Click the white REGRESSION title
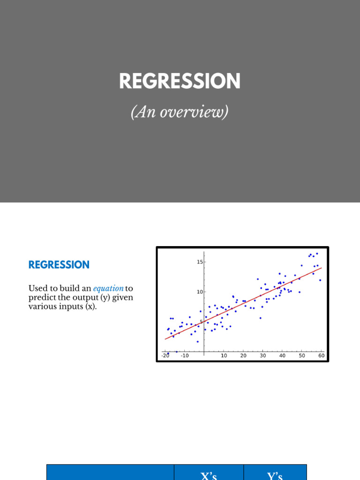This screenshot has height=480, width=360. point(180,82)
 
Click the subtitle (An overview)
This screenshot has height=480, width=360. point(180,112)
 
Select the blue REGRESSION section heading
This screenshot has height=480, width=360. point(59,265)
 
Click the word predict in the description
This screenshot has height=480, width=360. point(41,297)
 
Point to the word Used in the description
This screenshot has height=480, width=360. point(37,288)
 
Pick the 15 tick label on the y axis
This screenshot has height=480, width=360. point(200,262)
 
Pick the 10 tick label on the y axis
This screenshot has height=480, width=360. point(200,292)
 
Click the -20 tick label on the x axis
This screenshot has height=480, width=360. point(165,356)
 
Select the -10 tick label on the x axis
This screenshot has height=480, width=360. point(185,356)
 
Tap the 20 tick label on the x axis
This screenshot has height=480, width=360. point(243,356)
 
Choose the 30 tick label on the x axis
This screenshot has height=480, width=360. point(263,356)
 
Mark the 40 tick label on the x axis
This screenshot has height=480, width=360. point(282,356)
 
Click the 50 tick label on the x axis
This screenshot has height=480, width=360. point(302,356)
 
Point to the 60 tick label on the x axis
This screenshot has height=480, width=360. point(321,356)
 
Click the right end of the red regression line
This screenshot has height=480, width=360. point(322,268)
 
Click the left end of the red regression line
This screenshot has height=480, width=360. point(165,339)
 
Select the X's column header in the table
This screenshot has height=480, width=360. point(209,475)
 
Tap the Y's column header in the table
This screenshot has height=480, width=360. point(275,475)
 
